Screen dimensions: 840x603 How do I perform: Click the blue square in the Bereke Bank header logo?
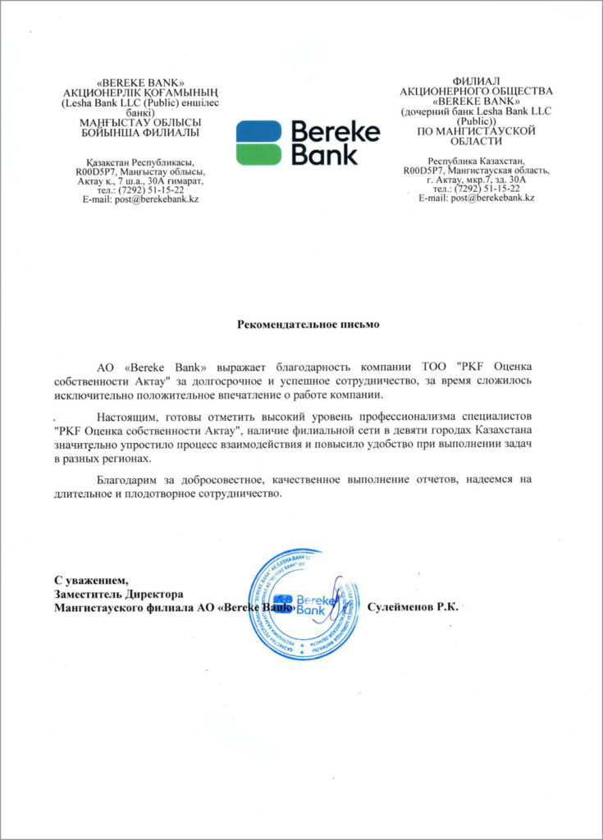pyautogui.click(x=259, y=131)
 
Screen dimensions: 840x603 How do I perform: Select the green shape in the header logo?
pyautogui.click(x=259, y=154)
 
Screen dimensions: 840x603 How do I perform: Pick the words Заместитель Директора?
pyautogui.click(x=119, y=594)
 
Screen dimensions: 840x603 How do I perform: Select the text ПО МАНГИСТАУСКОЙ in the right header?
pyautogui.click(x=477, y=130)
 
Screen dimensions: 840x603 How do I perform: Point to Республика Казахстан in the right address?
pyautogui.click(x=477, y=162)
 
